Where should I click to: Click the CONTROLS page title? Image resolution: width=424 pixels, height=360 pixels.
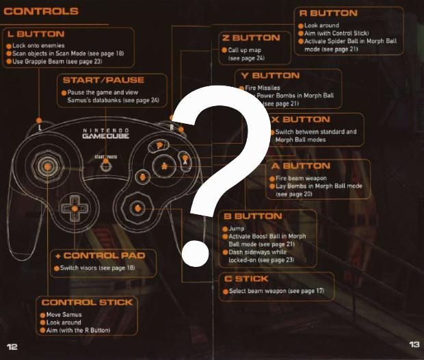point(41,11)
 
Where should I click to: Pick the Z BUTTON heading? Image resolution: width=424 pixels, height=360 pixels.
point(251,38)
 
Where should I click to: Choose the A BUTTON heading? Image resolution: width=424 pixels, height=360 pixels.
point(301,166)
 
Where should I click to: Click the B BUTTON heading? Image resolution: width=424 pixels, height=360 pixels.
point(252,216)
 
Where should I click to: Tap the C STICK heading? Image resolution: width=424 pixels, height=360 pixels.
point(246,279)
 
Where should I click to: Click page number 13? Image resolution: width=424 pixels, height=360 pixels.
point(414,344)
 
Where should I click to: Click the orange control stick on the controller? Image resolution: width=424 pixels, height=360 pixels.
point(47,166)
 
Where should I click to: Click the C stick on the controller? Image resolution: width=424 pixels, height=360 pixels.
point(137,207)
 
